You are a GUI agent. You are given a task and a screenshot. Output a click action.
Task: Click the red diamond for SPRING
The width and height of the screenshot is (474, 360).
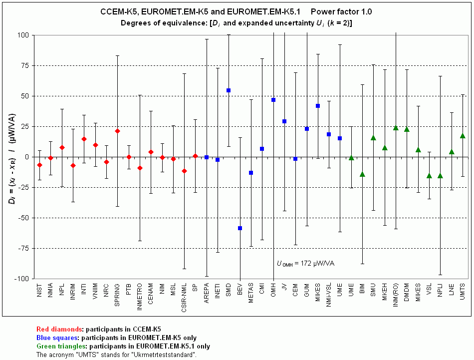(x=117, y=131)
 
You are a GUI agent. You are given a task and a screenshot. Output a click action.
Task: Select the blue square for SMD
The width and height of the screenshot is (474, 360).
(x=229, y=90)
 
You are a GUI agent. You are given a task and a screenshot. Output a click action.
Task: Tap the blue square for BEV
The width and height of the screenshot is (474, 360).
(x=240, y=228)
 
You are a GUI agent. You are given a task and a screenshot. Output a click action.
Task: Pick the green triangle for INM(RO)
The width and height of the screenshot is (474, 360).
(x=396, y=128)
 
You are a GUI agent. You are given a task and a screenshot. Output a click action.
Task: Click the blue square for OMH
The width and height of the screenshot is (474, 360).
(x=273, y=100)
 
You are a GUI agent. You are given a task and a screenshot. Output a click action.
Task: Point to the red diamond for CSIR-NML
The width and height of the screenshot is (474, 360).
(x=184, y=171)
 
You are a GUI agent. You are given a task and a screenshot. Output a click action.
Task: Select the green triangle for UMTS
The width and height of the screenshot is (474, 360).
(x=463, y=136)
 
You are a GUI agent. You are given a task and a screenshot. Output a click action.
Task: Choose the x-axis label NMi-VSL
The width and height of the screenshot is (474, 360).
(x=329, y=298)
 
